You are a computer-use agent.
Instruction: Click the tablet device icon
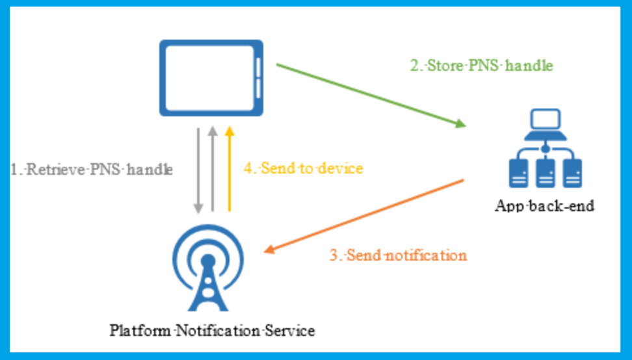click(211, 77)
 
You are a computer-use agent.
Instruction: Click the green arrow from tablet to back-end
click(371, 94)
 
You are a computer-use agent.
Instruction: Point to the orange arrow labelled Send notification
click(364, 215)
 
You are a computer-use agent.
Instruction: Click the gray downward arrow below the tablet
click(199, 170)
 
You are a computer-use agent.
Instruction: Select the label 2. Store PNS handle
click(481, 66)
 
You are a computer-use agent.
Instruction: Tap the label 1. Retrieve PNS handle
click(92, 170)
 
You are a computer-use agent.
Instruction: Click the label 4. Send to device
click(303, 168)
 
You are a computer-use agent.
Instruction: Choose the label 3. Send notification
click(398, 255)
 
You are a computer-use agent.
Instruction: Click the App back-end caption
click(544, 207)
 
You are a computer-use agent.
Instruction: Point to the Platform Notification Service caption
click(212, 330)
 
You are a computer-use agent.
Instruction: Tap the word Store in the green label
click(443, 66)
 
